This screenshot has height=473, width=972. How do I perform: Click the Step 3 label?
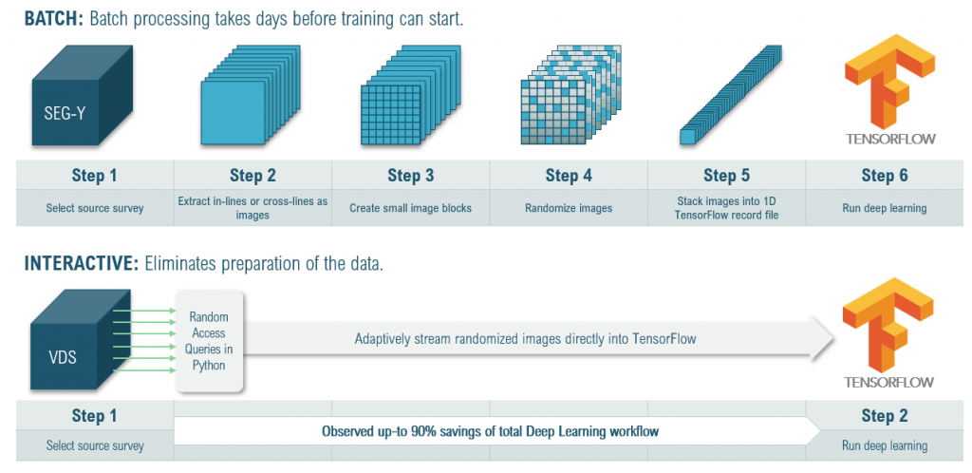point(410,176)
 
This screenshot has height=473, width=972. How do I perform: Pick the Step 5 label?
point(726,176)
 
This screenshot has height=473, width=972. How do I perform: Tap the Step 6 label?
point(884,176)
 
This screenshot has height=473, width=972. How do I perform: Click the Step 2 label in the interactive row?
point(884,416)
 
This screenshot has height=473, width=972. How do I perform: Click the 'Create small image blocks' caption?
point(410,208)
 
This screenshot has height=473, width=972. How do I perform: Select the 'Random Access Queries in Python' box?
point(208,340)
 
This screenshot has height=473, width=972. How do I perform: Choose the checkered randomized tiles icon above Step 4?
point(560,103)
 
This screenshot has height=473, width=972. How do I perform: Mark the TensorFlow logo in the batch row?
point(889,85)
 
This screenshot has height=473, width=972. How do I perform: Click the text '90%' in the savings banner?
point(423,432)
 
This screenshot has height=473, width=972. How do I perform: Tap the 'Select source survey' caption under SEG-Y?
point(94,208)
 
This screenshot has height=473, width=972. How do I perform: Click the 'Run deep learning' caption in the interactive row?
point(884,445)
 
